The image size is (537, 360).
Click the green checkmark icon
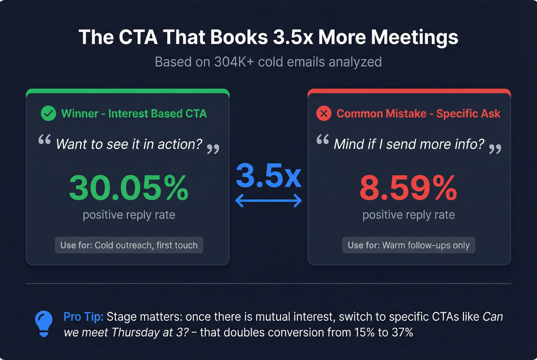[x=48, y=113]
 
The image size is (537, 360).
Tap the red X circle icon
[x=324, y=113]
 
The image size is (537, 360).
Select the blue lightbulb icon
[x=44, y=323]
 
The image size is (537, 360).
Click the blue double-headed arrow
[x=268, y=200]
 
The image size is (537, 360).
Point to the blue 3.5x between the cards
[x=268, y=176]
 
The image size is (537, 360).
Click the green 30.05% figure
[x=129, y=188]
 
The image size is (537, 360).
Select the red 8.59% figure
[x=409, y=188]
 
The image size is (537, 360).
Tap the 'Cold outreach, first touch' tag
[x=129, y=245]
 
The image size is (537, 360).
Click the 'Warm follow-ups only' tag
[x=409, y=245]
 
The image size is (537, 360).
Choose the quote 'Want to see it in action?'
[x=129, y=144]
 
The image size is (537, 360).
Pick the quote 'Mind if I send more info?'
[x=409, y=144]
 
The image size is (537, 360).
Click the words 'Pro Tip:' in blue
[x=83, y=317]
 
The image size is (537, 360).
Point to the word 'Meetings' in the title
[x=415, y=38]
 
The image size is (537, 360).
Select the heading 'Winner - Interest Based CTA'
[x=134, y=113]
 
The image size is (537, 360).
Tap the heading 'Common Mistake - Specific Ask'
[x=418, y=113]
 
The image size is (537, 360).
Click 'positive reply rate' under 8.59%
[x=409, y=215]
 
